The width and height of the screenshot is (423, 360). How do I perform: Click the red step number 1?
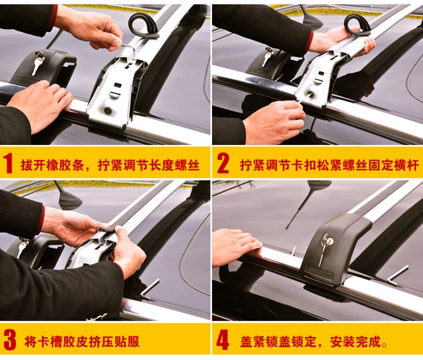tap(8, 164)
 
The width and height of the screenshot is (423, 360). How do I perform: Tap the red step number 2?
tap(223, 163)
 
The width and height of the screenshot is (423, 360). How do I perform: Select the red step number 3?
tap(10, 341)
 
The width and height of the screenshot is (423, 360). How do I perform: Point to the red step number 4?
tap(223, 341)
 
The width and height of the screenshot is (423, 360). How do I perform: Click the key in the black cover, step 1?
tap(37, 63)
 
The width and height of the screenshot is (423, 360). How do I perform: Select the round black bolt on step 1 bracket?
tap(108, 111)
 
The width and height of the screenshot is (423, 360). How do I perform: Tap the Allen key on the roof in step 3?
tap(149, 289)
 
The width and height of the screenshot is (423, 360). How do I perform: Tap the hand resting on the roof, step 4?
tap(235, 247)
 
